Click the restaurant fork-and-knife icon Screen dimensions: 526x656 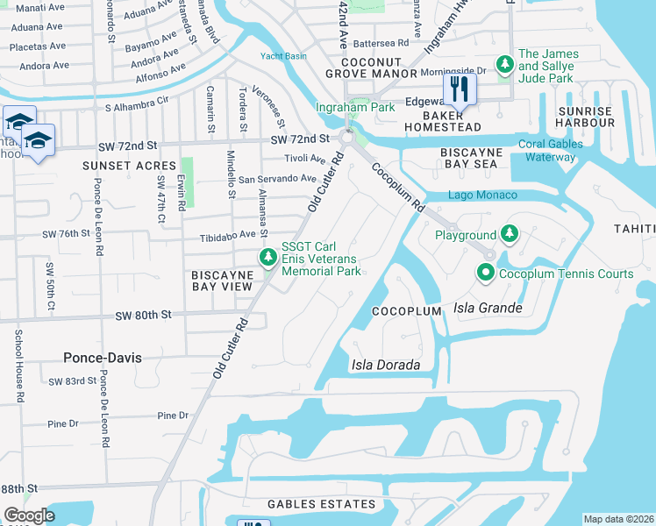tap(459, 88)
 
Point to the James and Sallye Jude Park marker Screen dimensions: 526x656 tap(504, 64)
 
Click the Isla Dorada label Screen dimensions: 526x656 tap(386, 365)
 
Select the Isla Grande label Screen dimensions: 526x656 tap(488, 308)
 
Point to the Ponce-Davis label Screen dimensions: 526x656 tap(103, 358)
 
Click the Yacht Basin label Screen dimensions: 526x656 tap(283, 57)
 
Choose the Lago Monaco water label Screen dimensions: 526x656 tap(482, 195)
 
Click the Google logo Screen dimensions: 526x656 tap(29, 515)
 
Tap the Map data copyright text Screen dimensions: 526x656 tap(618, 519)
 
